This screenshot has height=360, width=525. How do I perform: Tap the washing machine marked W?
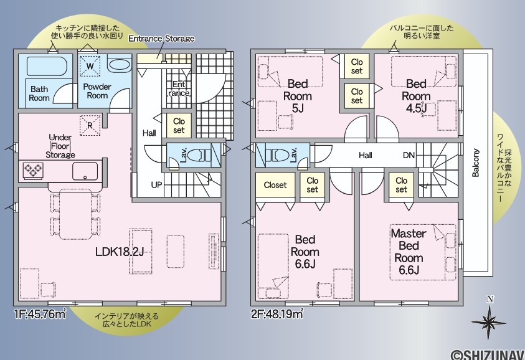tap(90, 65)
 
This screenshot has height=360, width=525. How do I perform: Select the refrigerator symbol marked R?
tap(90, 125)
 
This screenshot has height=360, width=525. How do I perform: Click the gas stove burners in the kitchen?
tap(33, 170)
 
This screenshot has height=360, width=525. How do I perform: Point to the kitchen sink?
tap(85, 171)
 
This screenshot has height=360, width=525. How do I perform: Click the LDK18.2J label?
tap(120, 251)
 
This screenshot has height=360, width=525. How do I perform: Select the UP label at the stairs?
tap(156, 184)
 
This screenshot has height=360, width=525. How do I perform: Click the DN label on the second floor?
tap(409, 155)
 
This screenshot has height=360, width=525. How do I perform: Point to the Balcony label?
tap(475, 163)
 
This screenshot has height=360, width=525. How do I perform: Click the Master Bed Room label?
tap(409, 252)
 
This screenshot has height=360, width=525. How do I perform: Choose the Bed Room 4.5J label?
tap(416, 96)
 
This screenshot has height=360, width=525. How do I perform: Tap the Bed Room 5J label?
tap(297, 96)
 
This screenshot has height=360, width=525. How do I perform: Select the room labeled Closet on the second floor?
tap(275, 185)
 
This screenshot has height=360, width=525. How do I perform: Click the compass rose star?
tap(489, 322)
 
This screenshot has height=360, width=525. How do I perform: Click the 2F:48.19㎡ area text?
tap(277, 314)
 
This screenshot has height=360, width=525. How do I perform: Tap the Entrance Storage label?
tap(161, 39)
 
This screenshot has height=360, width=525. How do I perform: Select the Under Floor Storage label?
tap(60, 146)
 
